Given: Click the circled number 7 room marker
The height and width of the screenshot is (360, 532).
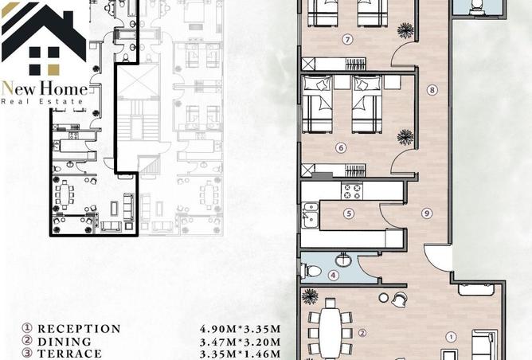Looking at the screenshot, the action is [x=347, y=39].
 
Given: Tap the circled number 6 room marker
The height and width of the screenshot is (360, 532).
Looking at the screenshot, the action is [x=341, y=148].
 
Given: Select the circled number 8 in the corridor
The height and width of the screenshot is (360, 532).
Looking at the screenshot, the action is [x=432, y=90].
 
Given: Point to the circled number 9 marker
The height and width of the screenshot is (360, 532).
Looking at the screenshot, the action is [x=427, y=213].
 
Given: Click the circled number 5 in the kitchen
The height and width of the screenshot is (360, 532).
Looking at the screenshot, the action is [x=349, y=213].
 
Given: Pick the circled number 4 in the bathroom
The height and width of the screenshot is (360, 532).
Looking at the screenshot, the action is [x=334, y=275].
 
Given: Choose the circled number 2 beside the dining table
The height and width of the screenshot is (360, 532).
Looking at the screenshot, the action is [x=362, y=333].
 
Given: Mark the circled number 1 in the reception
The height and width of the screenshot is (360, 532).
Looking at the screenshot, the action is [x=451, y=337].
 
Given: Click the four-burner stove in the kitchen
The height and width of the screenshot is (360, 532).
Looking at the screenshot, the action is [x=352, y=191].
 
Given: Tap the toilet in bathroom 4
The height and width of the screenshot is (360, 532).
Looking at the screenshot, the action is [x=311, y=271].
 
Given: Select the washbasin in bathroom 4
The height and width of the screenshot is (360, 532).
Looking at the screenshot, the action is [x=345, y=260].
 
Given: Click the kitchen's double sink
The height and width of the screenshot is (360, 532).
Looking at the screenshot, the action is [x=310, y=214].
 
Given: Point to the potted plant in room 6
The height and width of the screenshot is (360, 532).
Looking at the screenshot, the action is [x=405, y=137].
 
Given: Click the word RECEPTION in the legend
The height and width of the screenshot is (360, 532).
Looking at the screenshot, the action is [x=79, y=329].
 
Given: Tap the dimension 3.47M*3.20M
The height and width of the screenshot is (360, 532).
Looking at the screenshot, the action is [x=241, y=342].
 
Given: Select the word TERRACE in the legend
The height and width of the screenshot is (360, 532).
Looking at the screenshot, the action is [x=69, y=354].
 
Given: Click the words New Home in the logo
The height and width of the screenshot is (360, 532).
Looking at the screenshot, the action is [x=45, y=89].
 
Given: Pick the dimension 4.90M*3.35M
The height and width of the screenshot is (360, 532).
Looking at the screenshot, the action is [x=241, y=329].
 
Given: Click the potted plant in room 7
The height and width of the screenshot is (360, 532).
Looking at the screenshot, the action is [x=405, y=30].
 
